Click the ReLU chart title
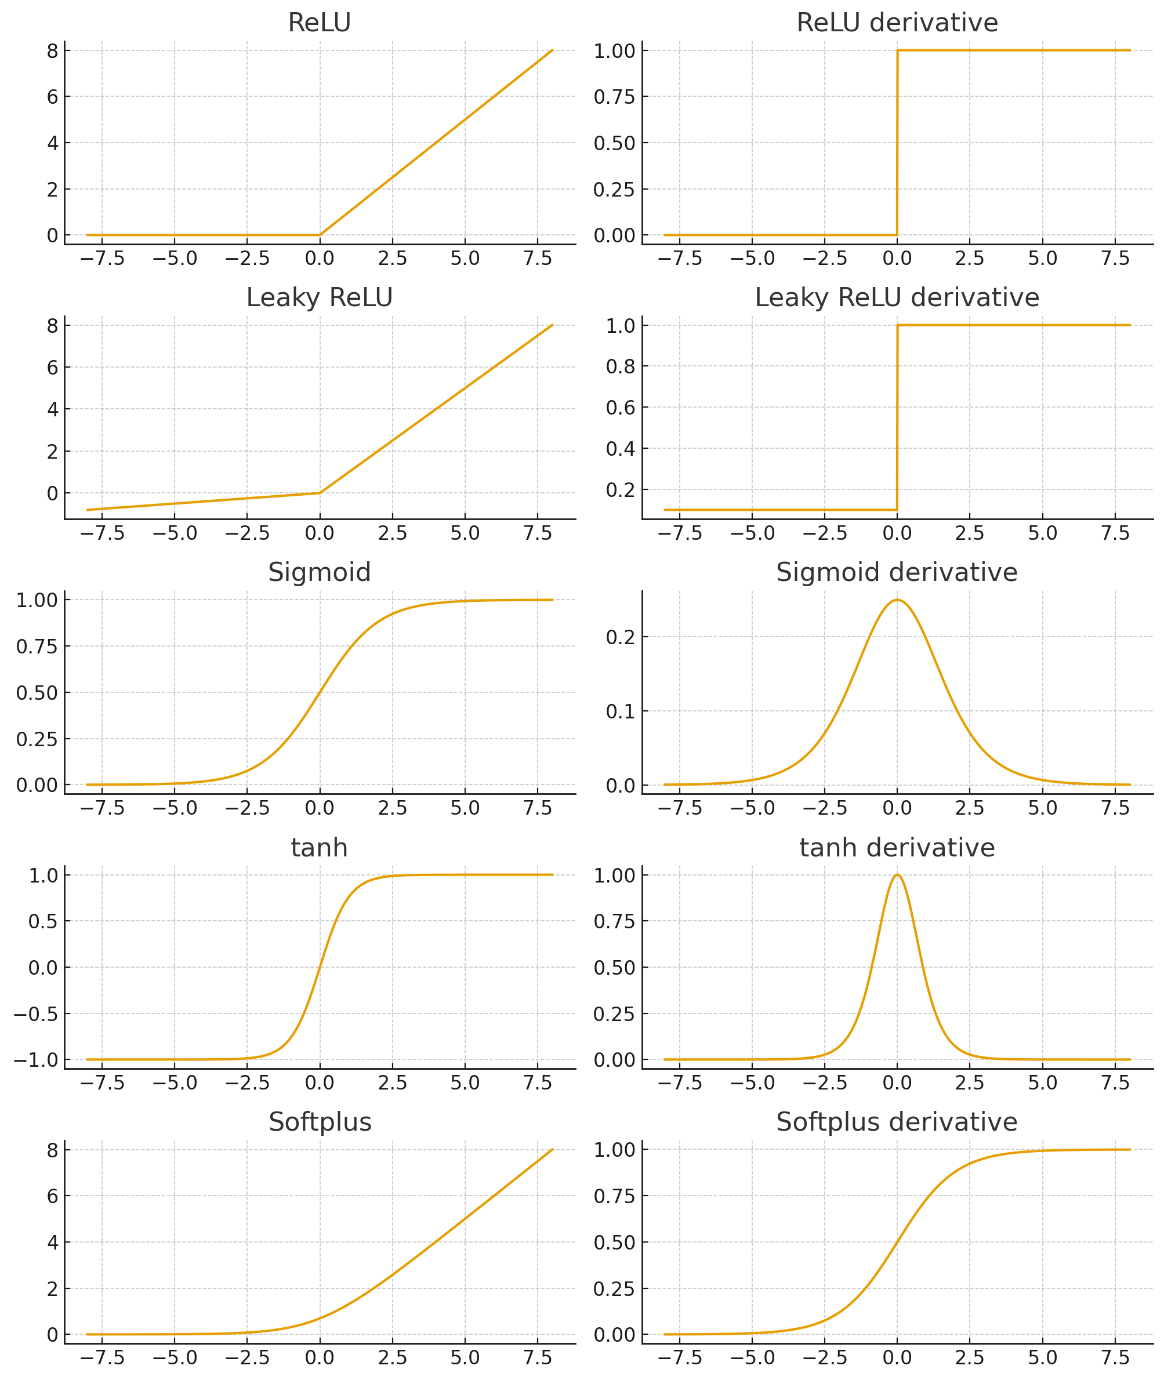click(x=320, y=23)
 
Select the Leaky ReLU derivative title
click(x=897, y=297)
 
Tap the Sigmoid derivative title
click(x=897, y=572)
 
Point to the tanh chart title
click(x=320, y=848)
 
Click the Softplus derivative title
click(x=897, y=1122)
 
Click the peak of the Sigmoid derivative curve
click(x=897, y=600)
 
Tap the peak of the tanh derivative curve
click(x=897, y=876)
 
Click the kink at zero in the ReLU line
click(x=320, y=235)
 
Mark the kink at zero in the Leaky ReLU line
click(x=320, y=493)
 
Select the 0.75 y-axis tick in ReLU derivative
click(x=614, y=97)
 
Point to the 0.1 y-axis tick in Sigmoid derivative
click(x=620, y=711)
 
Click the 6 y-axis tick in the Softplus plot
click(x=52, y=1196)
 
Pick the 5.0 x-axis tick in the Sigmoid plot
click(x=465, y=808)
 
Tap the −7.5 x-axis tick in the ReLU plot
click(x=102, y=259)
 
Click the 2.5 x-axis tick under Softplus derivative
click(x=969, y=1357)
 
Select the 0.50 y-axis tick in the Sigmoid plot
click(x=37, y=693)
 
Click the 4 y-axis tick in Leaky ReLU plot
click(x=52, y=409)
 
